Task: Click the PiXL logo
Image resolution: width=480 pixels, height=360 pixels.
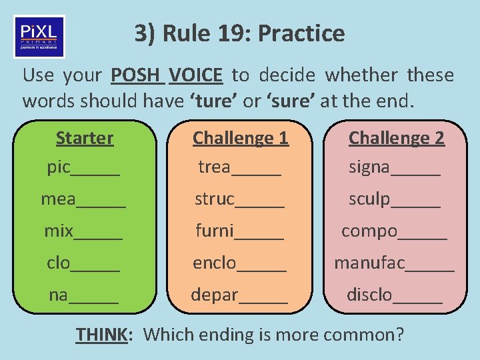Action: point(39,37)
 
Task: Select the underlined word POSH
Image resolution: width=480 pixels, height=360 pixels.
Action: point(137,75)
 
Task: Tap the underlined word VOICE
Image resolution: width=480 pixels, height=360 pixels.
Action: point(195,75)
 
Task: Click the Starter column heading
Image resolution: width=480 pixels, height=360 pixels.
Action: point(85,138)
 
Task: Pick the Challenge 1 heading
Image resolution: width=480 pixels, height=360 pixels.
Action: point(240,138)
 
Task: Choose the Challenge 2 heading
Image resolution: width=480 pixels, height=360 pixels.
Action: point(396,138)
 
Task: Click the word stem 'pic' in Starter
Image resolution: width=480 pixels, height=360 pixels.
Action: point(59,167)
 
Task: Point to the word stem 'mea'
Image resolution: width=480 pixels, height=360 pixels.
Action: point(59,199)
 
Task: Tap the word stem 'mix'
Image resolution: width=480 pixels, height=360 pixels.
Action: point(59,231)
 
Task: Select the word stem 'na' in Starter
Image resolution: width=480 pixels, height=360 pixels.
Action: point(59,295)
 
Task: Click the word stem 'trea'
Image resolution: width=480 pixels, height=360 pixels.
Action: point(214,167)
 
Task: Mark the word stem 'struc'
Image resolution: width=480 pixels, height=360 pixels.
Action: point(215,199)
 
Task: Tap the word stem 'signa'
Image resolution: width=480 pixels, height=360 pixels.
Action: point(370,167)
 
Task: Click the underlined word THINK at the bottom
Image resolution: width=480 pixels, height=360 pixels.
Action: point(101,333)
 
